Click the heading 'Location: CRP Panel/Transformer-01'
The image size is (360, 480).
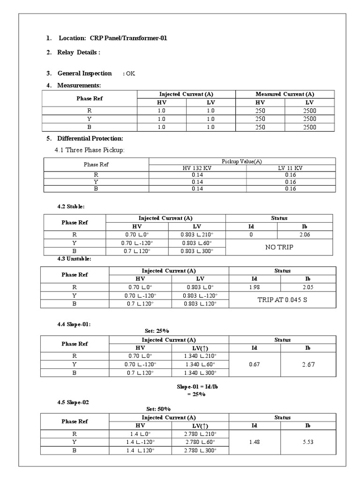(112, 38)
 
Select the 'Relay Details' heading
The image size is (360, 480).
(79, 52)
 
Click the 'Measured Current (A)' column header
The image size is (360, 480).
(285, 94)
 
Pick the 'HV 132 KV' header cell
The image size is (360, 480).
(197, 168)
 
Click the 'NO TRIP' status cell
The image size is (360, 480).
(279, 247)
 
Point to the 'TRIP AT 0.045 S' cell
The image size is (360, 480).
(282, 300)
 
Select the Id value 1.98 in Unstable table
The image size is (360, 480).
(255, 287)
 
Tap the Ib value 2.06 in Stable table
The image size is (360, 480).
(304, 234)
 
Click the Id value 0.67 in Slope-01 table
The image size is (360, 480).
(255, 365)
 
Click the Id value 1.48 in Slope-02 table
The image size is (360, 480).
(255, 442)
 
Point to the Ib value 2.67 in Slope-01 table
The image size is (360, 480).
(308, 365)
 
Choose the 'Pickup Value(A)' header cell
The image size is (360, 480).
(242, 161)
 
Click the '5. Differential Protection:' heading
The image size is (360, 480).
(90, 139)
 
